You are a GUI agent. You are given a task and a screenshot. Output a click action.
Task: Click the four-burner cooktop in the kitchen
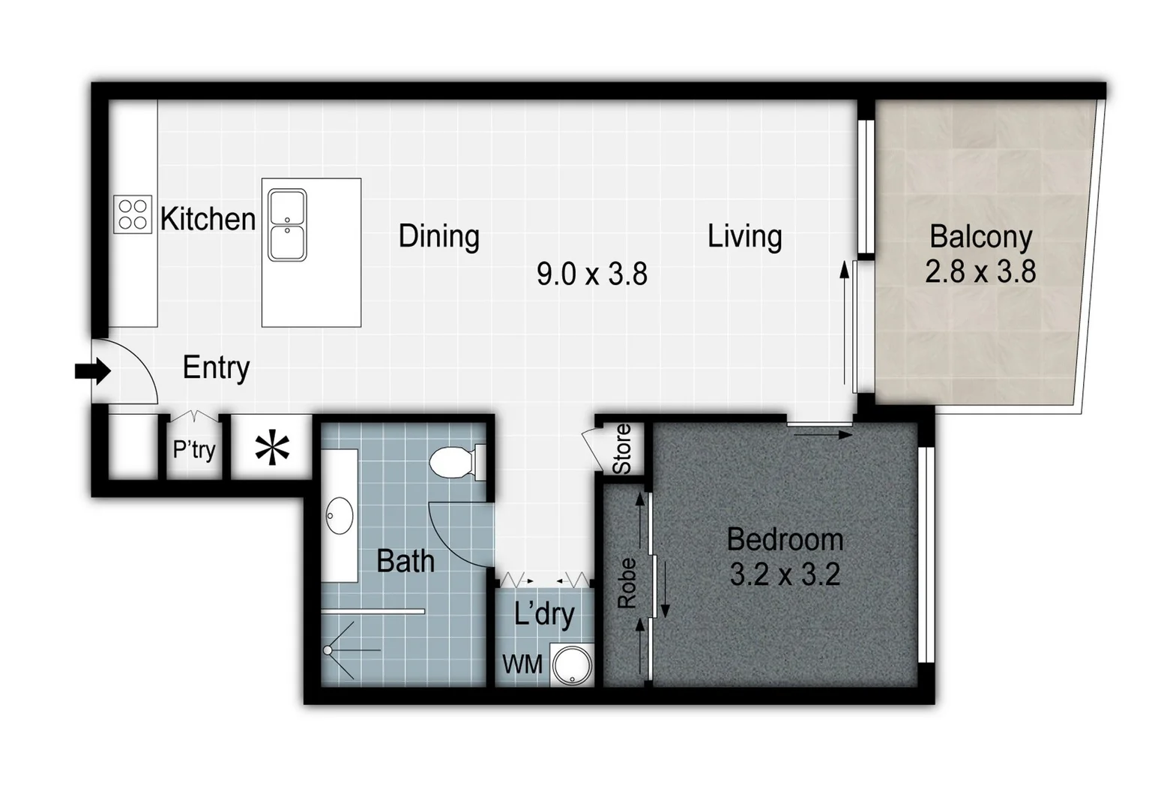coord(133,214)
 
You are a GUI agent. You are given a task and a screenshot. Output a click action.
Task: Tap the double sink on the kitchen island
coord(287,225)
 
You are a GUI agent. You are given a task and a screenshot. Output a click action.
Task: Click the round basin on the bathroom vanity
coord(340,516)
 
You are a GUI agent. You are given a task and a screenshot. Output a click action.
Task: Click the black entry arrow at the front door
coord(93,370)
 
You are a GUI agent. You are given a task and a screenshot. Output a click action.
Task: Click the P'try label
coord(194,449)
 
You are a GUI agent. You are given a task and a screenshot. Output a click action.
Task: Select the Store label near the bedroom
coord(622,449)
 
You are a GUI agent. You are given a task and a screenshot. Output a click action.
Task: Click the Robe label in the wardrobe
coord(627,583)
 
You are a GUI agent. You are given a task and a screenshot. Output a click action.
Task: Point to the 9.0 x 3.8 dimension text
coord(591,274)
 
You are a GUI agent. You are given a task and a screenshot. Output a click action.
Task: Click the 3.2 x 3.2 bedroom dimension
coord(784,575)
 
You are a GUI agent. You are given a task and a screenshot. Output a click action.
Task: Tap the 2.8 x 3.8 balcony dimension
coord(980,271)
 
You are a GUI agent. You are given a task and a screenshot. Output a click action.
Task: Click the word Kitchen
coord(208,219)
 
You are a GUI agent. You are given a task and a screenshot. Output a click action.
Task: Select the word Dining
coord(438,235)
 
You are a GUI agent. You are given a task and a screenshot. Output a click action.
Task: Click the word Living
coord(744,235)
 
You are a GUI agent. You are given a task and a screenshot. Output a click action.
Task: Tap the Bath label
coord(405,561)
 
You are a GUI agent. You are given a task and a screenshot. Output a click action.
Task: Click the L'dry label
coord(544,614)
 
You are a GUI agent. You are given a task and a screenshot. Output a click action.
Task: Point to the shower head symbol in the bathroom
coord(329,651)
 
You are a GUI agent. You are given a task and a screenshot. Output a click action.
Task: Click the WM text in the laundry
coord(522,664)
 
